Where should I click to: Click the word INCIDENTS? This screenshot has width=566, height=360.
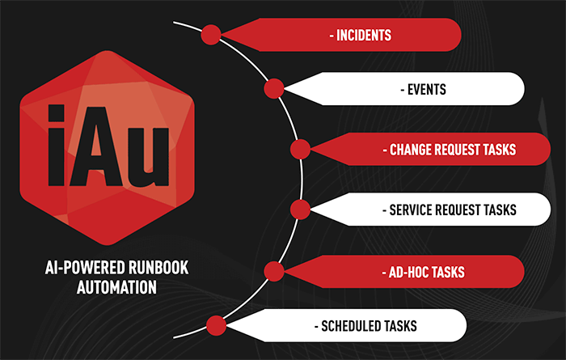tap(364, 36)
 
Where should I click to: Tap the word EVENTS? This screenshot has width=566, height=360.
tap(427, 90)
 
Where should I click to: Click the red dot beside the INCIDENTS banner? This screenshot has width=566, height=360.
tap(211, 35)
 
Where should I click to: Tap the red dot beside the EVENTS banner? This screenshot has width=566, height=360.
tap(274, 88)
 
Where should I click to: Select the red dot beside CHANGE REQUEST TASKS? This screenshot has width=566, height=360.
tap(300, 149)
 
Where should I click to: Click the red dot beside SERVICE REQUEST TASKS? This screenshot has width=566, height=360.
tap(300, 210)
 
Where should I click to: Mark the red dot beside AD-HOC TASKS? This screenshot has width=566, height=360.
tap(274, 271)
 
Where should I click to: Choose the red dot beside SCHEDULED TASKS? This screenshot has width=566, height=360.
tap(216, 325)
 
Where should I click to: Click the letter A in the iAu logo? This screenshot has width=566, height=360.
tap(95, 146)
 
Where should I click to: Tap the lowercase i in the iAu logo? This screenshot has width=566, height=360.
tap(57, 145)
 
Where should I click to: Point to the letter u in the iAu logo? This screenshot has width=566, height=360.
tap(148, 158)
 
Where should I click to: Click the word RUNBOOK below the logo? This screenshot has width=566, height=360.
tap(158, 268)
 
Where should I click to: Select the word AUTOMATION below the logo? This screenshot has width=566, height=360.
tap(116, 287)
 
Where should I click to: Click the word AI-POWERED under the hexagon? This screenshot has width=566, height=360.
tap(85, 268)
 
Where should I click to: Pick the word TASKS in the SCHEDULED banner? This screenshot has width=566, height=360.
tap(400, 326)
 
